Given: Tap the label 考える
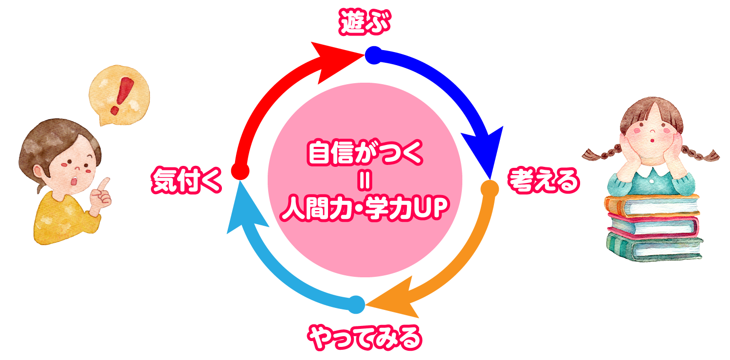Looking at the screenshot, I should point(544,181).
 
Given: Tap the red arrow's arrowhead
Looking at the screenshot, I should point(332,59).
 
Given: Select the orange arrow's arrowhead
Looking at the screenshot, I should point(394,299).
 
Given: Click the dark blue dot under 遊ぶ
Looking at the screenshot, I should point(373,55).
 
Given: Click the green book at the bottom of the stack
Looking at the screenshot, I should point(654,248).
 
